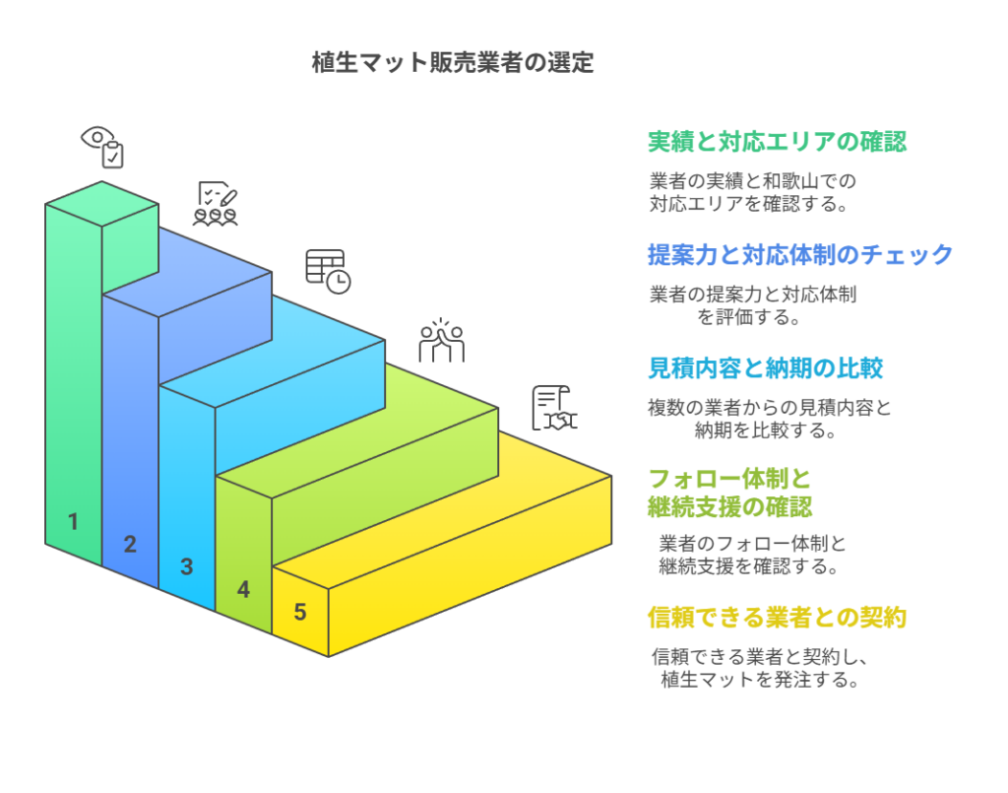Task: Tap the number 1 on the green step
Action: pyautogui.click(x=73, y=521)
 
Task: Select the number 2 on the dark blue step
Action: pyautogui.click(x=130, y=543)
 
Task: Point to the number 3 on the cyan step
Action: pyautogui.click(x=186, y=566)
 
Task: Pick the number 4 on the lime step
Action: pyautogui.click(x=243, y=589)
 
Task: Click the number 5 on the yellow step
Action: pyautogui.click(x=300, y=612)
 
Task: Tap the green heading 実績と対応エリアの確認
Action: pyautogui.click(x=777, y=142)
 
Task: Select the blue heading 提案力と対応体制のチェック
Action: pyautogui.click(x=799, y=255)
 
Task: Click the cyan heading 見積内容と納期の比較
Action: pyautogui.click(x=765, y=368)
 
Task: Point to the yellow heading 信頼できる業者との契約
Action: pyautogui.click(x=777, y=618)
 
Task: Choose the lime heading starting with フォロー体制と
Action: pyautogui.click(x=729, y=493)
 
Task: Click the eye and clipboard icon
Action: pyautogui.click(x=102, y=146)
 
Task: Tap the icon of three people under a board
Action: pyautogui.click(x=216, y=204)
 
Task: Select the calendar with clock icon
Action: pyautogui.click(x=328, y=270)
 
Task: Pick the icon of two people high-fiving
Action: pyautogui.click(x=441, y=341)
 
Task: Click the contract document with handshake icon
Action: pyautogui.click(x=554, y=408)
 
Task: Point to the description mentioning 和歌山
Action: pyautogui.click(x=751, y=193)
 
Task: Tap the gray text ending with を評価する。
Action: pyautogui.click(x=751, y=305)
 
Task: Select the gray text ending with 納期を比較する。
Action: pyautogui.click(x=769, y=419)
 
